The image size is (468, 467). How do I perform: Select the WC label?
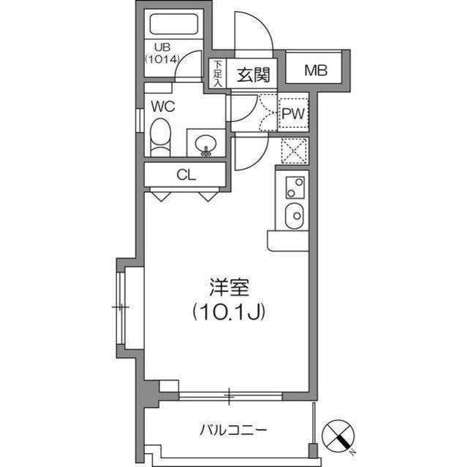tap(162, 106)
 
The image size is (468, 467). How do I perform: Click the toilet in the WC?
tap(160, 137)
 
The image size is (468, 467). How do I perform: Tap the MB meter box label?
tap(316, 71)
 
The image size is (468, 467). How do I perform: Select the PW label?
tap(294, 114)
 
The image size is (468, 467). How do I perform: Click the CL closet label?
tap(186, 175)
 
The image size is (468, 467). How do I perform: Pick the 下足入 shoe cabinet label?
tap(217, 74)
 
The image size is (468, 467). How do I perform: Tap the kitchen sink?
tap(295, 216)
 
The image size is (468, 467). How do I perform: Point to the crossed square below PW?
tap(294, 151)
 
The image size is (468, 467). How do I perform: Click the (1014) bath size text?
tap(161, 59)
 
